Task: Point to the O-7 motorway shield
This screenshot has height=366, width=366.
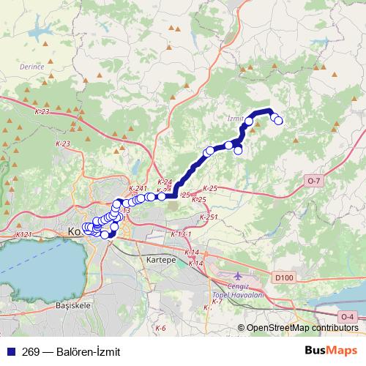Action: click(x=314, y=180)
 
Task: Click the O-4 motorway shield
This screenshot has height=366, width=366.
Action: click(x=348, y=316)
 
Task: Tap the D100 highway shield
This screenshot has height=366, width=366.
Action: click(x=284, y=278)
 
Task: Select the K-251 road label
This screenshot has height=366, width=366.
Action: click(x=209, y=217)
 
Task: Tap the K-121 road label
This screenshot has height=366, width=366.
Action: click(x=24, y=234)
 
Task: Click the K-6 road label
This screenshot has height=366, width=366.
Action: click(x=160, y=327)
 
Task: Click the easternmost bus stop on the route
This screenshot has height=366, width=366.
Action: click(x=279, y=121)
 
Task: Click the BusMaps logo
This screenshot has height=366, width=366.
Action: click(x=331, y=351)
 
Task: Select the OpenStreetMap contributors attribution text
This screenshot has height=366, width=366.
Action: click(x=301, y=329)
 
